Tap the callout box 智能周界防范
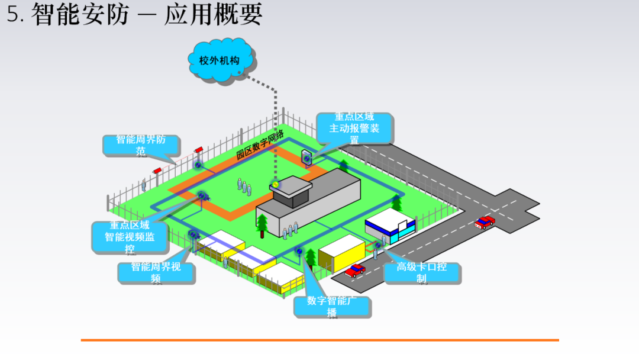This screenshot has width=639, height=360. coord(141,145)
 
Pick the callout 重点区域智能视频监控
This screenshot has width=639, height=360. coord(130,237)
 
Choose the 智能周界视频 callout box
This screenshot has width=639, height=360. coord(156,272)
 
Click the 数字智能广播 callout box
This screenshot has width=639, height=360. coord(332,306)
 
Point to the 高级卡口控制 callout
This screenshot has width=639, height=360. coord(421,272)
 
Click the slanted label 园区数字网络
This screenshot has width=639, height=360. coord(260,144)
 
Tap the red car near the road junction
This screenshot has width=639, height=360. coord(485,223)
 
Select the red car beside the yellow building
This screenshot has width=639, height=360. coord(355,270)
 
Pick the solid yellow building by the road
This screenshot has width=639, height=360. coord(341,252)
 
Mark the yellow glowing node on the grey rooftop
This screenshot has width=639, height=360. coord(275,185)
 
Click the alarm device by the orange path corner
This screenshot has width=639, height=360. coord(306,157)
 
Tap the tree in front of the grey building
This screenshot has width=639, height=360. coord(262,224)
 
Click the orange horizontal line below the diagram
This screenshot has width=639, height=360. coord(319,340)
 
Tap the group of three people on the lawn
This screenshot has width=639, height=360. coord(243,187)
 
